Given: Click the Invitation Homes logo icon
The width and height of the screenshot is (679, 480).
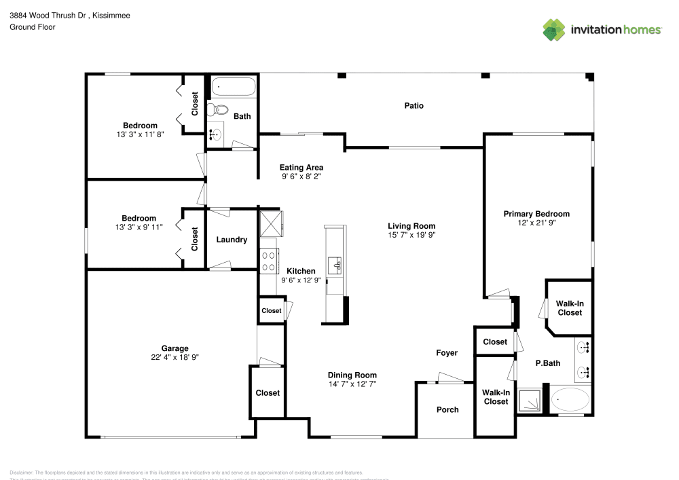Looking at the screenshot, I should [554, 29].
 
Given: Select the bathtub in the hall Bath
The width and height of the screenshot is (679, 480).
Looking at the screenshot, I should [233, 87].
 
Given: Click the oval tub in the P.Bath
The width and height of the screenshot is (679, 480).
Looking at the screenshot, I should [570, 400].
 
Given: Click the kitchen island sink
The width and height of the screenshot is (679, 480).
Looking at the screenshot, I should [335, 264].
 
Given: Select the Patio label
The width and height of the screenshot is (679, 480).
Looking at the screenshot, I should [414, 105].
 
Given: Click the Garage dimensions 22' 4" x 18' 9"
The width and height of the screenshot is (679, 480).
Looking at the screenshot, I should [175, 357].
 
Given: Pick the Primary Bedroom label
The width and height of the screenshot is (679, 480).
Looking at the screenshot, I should [536, 214].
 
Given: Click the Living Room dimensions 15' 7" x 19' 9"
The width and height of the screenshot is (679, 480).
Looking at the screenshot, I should [411, 235].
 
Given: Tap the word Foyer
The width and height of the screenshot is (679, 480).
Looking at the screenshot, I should [447, 353].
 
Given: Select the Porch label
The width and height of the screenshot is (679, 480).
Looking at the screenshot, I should [447, 409].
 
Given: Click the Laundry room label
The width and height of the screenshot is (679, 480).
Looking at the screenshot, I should [232, 240].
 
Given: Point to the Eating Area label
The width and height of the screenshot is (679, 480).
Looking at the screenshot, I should [302, 167].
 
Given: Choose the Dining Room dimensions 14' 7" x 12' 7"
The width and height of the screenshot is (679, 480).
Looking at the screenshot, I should [352, 384].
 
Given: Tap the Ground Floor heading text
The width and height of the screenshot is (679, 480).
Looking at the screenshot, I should [32, 27].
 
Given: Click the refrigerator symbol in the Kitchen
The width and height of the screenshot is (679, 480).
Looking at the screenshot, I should [270, 222].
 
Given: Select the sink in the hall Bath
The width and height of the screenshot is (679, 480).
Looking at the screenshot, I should [215, 134].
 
